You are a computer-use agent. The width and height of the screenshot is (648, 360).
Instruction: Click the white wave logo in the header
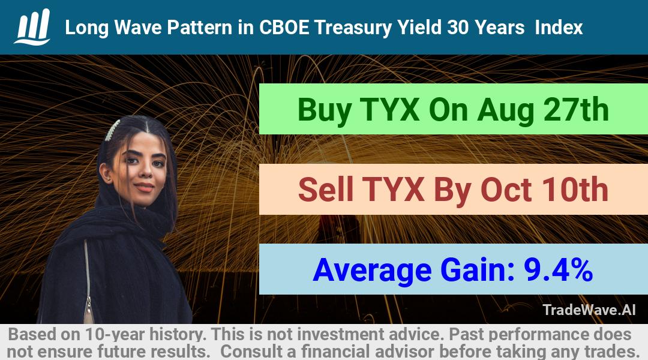[32, 27]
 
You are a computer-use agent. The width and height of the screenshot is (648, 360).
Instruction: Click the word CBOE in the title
[283, 28]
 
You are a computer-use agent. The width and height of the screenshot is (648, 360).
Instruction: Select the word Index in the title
[559, 28]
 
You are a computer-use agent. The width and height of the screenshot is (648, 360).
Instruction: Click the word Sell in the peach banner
[325, 189]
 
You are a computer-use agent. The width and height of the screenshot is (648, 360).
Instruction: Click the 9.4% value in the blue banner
[559, 269]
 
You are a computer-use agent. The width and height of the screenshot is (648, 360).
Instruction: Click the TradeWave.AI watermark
[589, 310]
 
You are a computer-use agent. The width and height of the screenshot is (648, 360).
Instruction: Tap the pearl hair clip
[112, 130]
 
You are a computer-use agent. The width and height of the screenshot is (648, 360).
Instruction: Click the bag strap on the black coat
[87, 281]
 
